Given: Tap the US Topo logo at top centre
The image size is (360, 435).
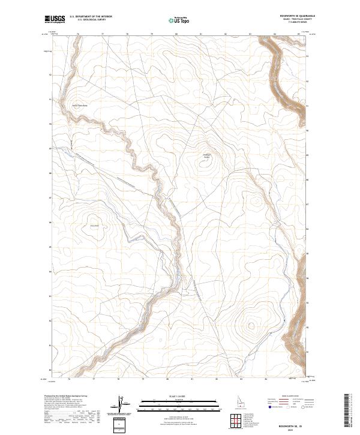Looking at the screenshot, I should [179, 19].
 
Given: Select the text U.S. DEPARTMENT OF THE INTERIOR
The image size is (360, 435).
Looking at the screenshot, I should [91, 17].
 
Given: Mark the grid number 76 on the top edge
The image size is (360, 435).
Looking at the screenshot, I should [79, 34].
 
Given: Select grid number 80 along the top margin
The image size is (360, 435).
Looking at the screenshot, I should [176, 34].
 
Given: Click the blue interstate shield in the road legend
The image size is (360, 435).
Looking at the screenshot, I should [269, 406].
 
